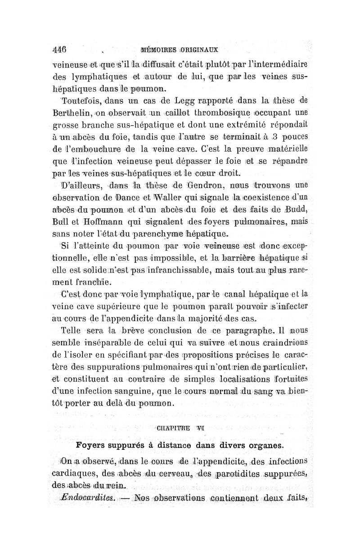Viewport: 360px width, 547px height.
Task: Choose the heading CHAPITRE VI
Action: pos(179,428)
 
